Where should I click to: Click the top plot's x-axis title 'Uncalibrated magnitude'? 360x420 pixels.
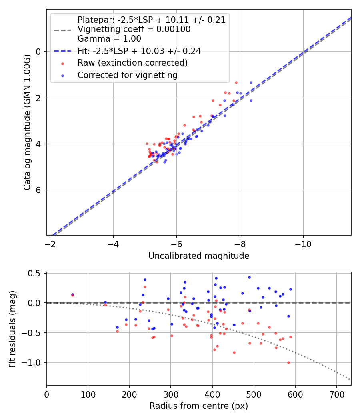(199, 256)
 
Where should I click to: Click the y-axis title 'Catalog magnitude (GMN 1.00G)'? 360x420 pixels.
(27, 122)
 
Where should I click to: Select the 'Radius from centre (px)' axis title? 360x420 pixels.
(199, 406)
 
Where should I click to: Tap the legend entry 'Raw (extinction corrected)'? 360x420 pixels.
(132, 63)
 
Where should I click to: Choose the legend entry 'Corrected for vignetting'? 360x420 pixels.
(128, 75)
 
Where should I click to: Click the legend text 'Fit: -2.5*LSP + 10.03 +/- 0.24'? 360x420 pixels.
(139, 51)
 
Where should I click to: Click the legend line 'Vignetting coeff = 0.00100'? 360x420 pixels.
(134, 29)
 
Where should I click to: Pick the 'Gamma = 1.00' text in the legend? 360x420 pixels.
(109, 39)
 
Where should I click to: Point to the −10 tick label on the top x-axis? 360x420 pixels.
(303, 244)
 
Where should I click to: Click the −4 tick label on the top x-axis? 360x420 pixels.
(114, 244)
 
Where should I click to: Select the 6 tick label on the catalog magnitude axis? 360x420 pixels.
(39, 190)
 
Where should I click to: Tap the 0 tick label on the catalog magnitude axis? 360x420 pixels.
(39, 52)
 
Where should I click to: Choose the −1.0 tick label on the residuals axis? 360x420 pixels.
(33, 362)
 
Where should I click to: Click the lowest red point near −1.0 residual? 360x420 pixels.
(288, 362)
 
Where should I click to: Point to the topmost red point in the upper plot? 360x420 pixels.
(236, 82)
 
